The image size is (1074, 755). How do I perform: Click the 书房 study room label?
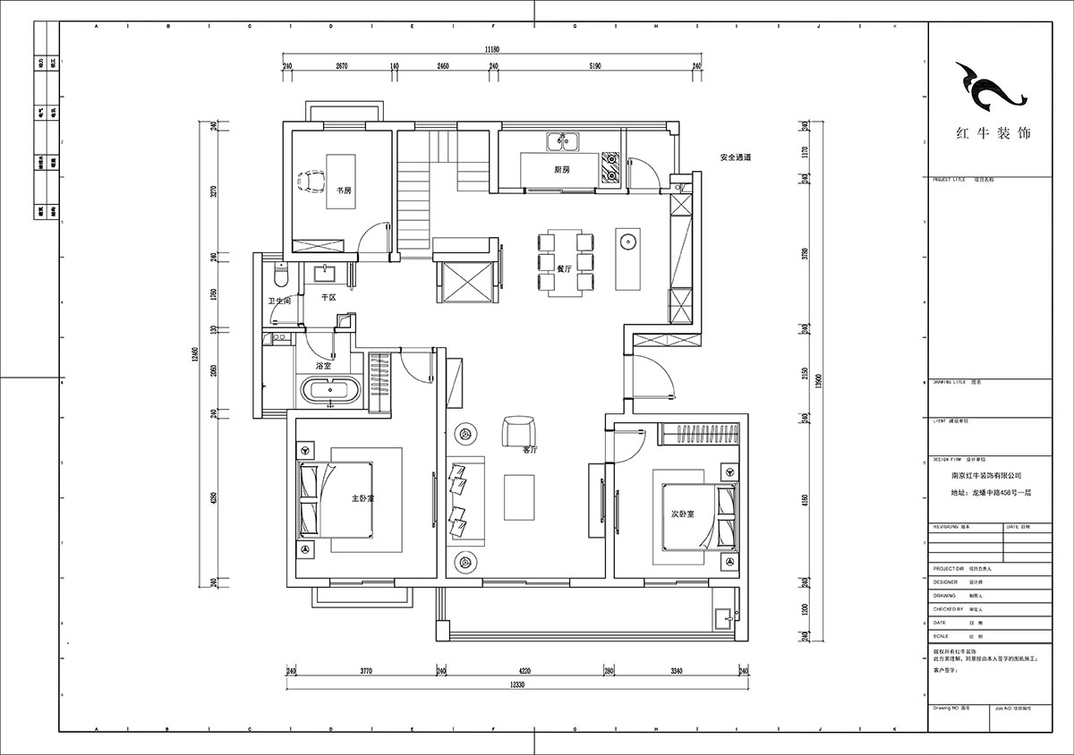tap(343, 191)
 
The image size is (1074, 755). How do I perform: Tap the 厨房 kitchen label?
tap(562, 169)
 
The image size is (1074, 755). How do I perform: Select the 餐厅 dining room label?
tap(564, 267)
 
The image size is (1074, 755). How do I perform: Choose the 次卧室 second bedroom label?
tap(683, 515)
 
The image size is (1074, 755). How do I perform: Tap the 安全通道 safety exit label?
tap(735, 157)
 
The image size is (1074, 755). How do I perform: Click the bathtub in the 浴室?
tap(331, 391)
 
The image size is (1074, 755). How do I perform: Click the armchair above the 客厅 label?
tap(516, 428)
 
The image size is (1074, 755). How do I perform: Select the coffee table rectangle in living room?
tap(517, 497)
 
